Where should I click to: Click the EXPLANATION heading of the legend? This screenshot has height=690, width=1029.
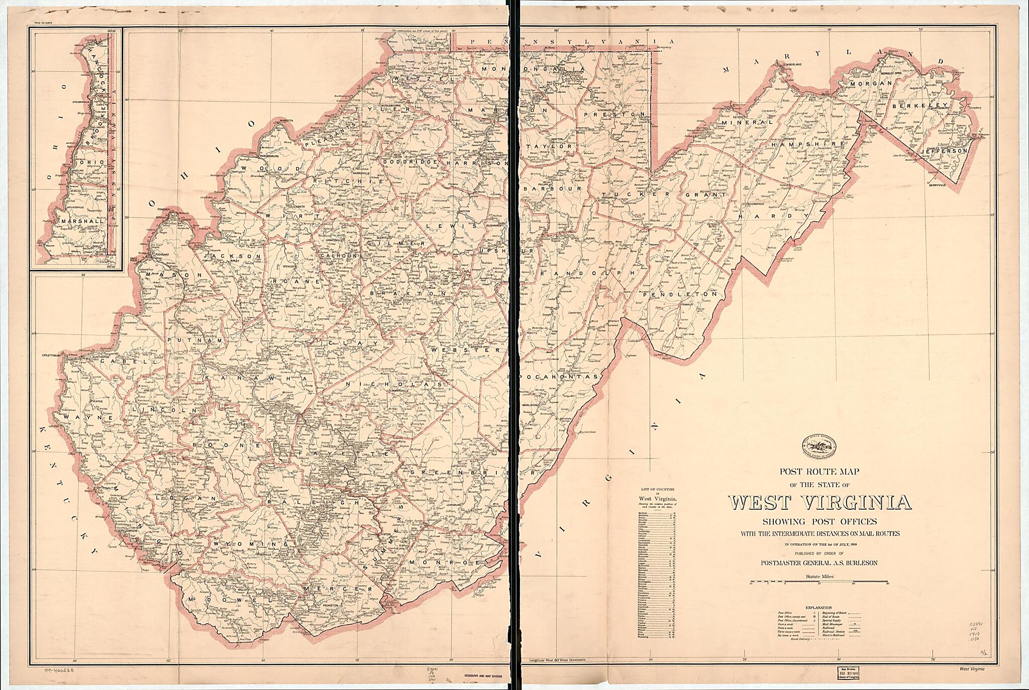[818, 607]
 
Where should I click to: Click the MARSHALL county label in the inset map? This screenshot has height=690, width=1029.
[80, 220]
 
